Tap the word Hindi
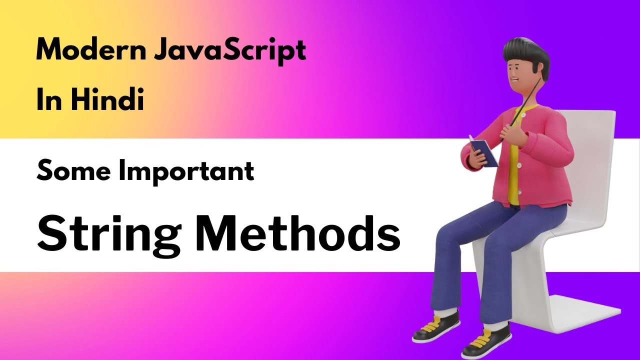click(x=107, y=100)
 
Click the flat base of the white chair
click(x=585, y=310)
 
